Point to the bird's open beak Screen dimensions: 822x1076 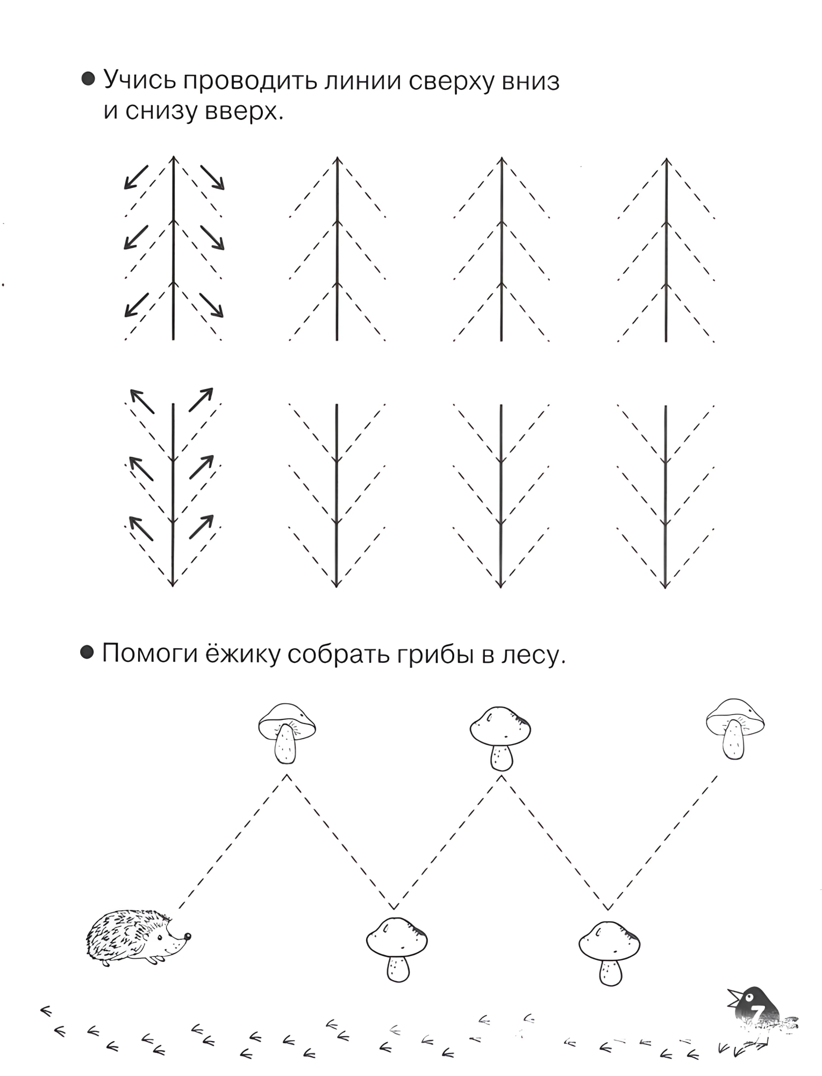point(733,997)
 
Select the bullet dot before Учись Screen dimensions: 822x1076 point(88,80)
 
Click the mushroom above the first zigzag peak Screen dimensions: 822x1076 point(287,732)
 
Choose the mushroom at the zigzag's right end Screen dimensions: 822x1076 point(735,728)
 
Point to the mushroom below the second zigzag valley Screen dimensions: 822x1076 point(609,953)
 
